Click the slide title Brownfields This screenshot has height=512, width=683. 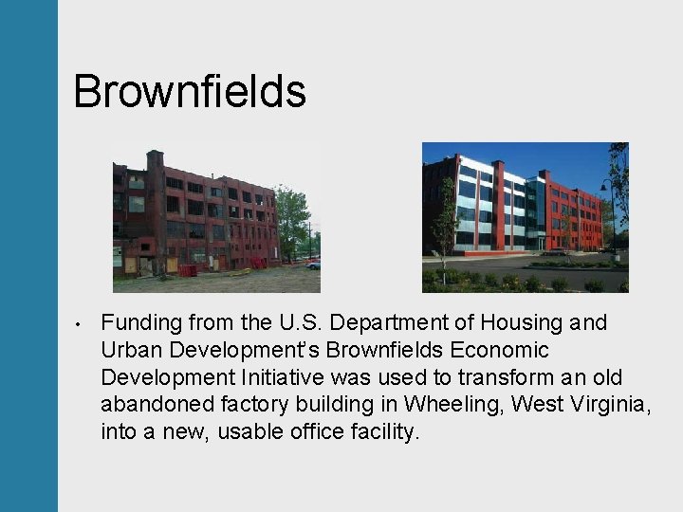tap(189, 92)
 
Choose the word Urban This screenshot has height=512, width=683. tap(130, 351)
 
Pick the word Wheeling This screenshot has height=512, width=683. tap(453, 406)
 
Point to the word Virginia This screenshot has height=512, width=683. tap(614, 406)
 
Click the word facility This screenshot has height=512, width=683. tap(383, 433)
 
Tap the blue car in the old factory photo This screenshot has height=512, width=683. tap(313, 265)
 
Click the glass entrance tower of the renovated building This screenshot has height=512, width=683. tap(536, 213)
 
